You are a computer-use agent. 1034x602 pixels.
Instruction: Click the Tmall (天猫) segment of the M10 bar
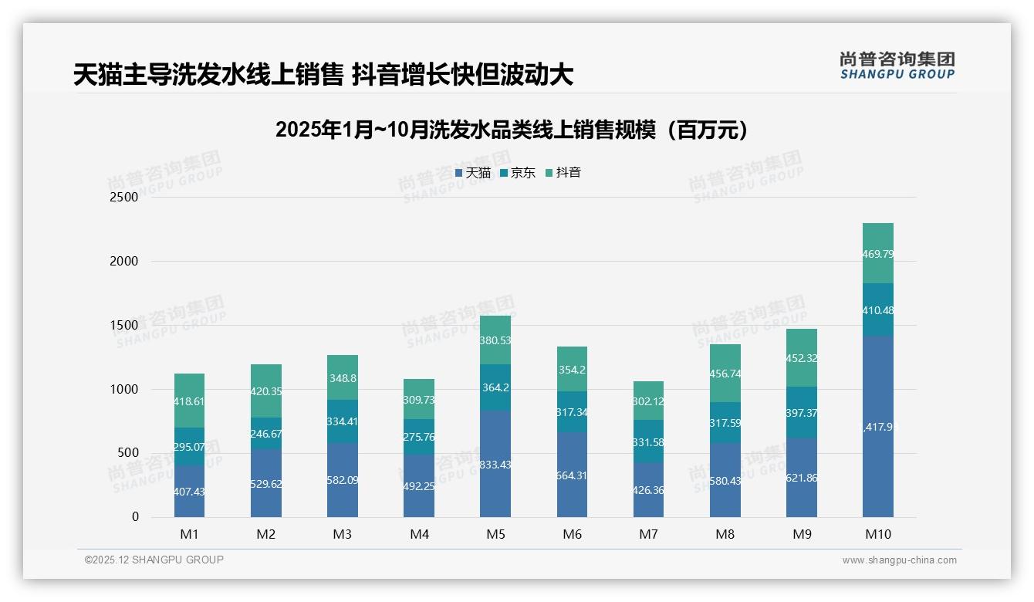tap(877, 426)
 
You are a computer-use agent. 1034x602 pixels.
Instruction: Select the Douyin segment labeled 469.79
tap(877, 253)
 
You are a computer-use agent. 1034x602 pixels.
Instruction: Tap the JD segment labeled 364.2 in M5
tap(495, 387)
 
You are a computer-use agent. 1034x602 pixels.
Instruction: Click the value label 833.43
tap(495, 465)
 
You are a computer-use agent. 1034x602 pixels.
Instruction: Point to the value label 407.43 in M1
tap(189, 491)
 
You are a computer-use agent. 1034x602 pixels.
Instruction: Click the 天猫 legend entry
tap(474, 173)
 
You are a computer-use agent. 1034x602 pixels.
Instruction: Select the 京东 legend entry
tap(519, 173)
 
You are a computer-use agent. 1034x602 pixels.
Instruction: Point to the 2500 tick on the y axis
tap(124, 197)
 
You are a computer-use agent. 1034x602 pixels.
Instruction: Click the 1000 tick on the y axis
tap(124, 389)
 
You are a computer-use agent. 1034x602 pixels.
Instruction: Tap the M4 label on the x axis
tap(419, 534)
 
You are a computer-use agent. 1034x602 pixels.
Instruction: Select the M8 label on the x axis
tap(725, 534)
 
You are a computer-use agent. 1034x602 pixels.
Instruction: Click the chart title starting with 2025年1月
tap(512, 130)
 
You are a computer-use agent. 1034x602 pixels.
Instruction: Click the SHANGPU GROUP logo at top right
tap(897, 66)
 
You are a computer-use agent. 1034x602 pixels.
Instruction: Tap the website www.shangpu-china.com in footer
tap(899, 560)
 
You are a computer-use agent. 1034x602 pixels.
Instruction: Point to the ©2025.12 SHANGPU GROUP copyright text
tap(154, 560)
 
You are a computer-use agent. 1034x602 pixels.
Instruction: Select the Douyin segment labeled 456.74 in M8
tap(725, 373)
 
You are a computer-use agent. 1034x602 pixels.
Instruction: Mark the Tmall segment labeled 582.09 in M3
tap(343, 479)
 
